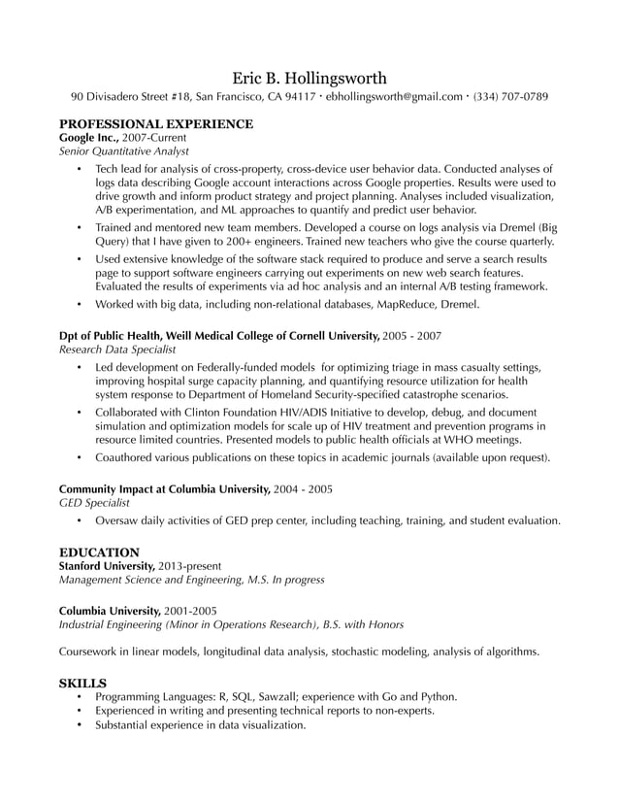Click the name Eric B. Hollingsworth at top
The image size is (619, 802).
[x=309, y=77]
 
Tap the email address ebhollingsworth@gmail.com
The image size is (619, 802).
[x=394, y=97]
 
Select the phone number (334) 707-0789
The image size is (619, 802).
[x=510, y=97]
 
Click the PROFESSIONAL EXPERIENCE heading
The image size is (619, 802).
[x=156, y=124]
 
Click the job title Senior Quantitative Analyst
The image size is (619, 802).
[x=123, y=151]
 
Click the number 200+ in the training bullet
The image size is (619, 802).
[x=302, y=241]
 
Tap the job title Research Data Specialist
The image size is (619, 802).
[x=117, y=349]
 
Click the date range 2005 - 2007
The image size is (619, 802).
[x=412, y=335]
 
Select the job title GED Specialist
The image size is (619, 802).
[x=93, y=503]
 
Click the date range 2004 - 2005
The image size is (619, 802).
[x=303, y=488]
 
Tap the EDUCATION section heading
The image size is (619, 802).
[x=99, y=551]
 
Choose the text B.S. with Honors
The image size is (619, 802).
[x=362, y=624]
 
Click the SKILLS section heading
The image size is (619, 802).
[x=82, y=683]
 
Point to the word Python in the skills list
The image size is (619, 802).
[x=437, y=696]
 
